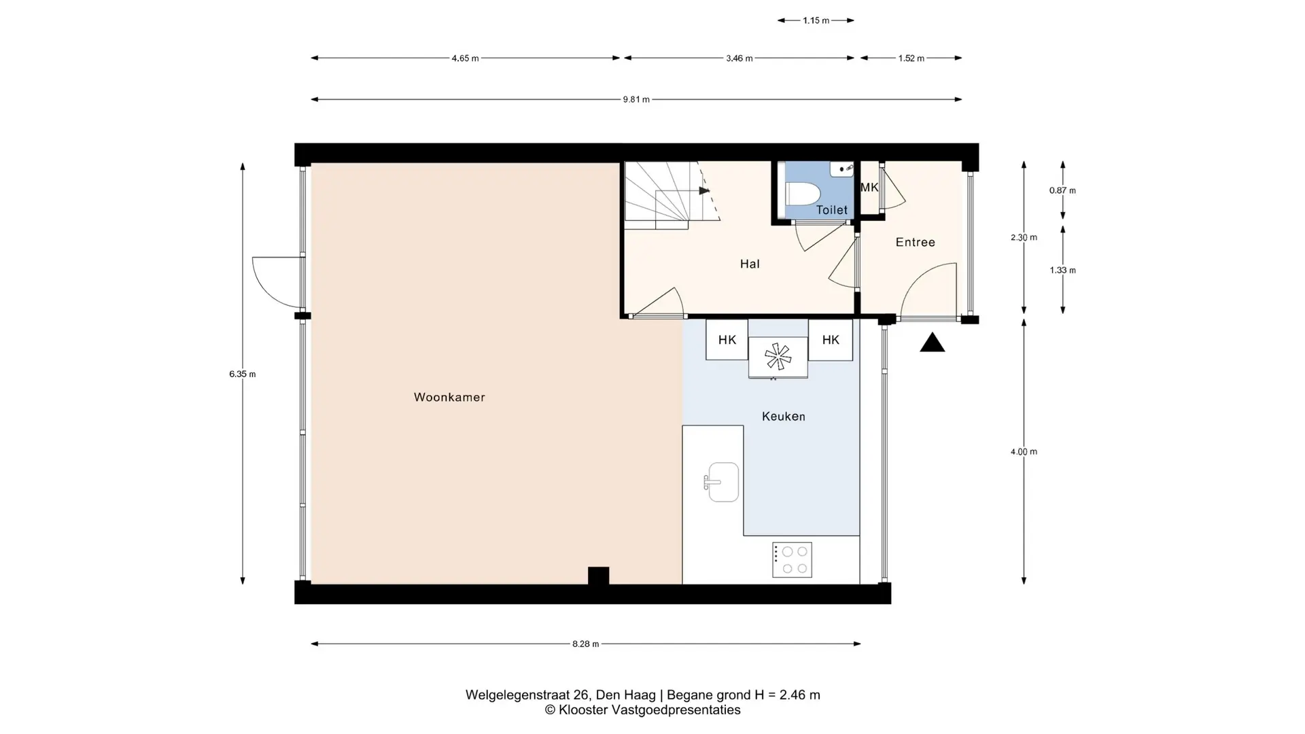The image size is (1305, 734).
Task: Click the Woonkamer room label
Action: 449,398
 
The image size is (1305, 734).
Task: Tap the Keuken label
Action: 783,417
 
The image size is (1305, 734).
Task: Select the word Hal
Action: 750,264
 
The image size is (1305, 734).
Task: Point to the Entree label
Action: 915,242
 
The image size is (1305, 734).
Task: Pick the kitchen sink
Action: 722,482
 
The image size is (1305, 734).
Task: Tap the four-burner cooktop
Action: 792,560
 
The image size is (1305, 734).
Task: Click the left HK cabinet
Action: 727,340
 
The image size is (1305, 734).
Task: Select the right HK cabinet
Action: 831,340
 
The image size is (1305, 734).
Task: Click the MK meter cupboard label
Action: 869,188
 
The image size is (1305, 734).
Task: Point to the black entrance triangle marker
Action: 933,343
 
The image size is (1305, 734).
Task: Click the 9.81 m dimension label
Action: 636,100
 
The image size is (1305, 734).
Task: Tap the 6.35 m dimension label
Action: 243,374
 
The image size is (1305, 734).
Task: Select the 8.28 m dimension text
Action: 585,644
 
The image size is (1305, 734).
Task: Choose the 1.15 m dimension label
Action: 816,21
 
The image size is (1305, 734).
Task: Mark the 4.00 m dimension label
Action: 1024,452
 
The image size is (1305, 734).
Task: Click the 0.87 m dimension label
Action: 1062,191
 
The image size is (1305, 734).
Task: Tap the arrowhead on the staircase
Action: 705,191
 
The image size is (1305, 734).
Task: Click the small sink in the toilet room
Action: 842,169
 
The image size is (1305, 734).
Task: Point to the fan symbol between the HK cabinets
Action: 778,356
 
